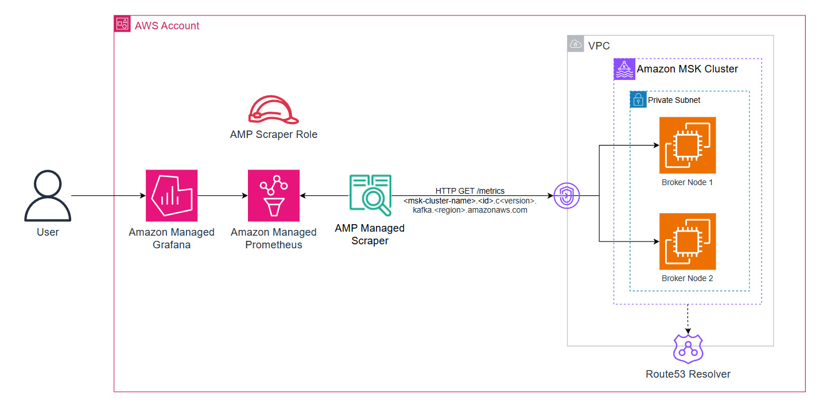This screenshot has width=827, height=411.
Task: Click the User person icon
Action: [x=48, y=196]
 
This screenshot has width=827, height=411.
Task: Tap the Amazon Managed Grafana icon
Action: [x=172, y=195]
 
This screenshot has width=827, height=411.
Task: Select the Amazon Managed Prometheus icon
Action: [x=274, y=195]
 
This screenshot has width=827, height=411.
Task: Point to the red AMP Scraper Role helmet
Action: [x=273, y=109]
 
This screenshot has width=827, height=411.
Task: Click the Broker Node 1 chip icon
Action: [x=688, y=145]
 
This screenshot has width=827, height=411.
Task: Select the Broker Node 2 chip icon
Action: [x=688, y=241]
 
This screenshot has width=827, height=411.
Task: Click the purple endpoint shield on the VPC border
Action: [x=567, y=196]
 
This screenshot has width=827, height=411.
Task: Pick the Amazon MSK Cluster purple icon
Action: [x=624, y=69]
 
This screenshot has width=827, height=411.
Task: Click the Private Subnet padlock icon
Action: [x=638, y=99]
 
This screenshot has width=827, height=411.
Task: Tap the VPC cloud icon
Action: [x=576, y=44]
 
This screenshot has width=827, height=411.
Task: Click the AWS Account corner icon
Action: [x=123, y=24]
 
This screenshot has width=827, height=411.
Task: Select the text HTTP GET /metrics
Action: [x=469, y=191]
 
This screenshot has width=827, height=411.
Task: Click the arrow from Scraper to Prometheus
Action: [x=324, y=196]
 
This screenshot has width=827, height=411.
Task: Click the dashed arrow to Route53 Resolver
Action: [x=688, y=318]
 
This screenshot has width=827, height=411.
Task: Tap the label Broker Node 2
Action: [x=688, y=278]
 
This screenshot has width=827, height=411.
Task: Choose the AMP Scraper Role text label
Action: [x=273, y=135]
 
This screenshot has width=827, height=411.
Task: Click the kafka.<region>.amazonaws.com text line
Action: [x=469, y=210]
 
